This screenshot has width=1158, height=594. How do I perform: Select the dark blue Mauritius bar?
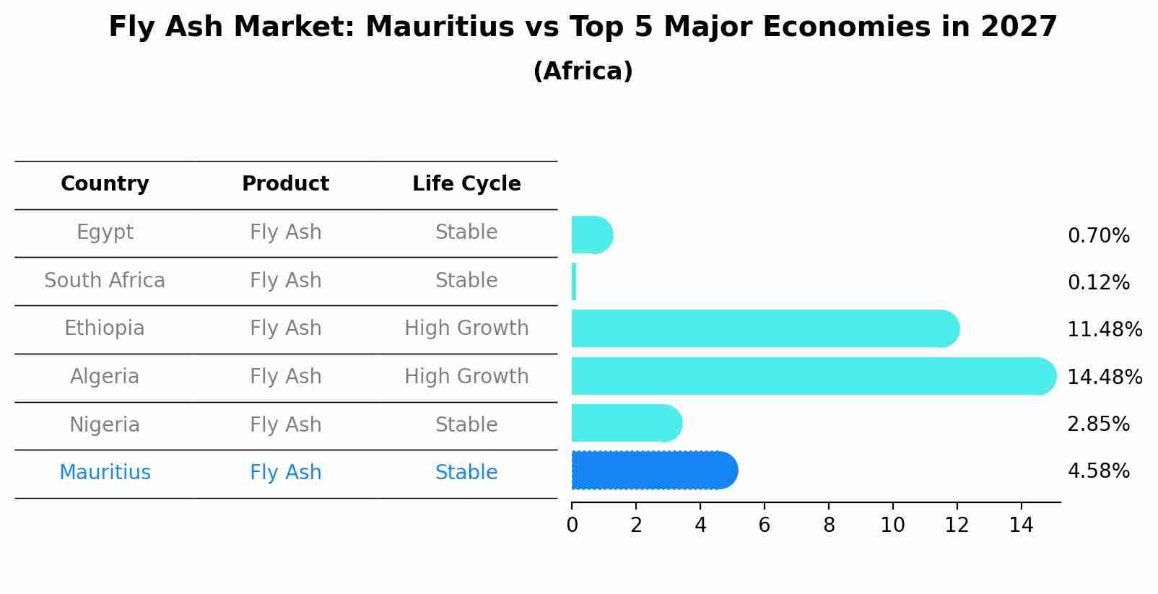point(653,471)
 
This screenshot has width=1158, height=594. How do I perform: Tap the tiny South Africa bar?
point(574,281)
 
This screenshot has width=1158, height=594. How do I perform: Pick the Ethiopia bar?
point(764,328)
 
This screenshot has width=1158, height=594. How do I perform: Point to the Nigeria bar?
point(625,423)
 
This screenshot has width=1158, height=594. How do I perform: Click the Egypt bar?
point(591,235)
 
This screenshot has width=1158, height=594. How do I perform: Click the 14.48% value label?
point(1105,377)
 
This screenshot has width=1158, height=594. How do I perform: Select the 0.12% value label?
point(1098,282)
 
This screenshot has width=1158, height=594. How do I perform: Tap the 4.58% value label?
point(1098,471)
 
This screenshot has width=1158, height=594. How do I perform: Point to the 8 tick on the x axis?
point(829,525)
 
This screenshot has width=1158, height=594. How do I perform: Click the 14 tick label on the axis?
point(1021,525)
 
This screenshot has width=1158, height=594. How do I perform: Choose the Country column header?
point(105,184)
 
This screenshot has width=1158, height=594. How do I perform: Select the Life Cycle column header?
point(466,184)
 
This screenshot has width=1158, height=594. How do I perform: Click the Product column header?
point(285,184)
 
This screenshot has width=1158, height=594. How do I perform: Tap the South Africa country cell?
point(105,280)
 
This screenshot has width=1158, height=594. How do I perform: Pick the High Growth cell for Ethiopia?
point(466,328)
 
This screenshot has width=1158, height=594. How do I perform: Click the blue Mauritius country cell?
point(105,473)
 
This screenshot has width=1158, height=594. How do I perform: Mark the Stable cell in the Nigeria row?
point(466,424)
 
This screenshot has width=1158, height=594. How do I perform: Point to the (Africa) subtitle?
point(583,71)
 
